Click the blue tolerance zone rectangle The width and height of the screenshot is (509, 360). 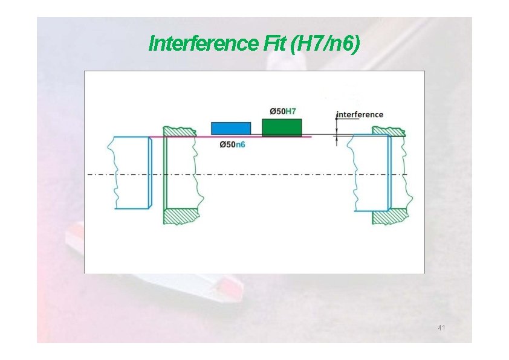click(230, 128)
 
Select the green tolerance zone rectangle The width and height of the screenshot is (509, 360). click(282, 127)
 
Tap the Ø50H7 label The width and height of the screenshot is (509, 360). click(282, 111)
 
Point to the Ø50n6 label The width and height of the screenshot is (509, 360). click(232, 144)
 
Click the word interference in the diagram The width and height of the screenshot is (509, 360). click(360, 114)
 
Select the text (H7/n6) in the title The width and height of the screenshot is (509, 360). click(325, 43)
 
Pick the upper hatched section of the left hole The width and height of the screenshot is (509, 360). click(180, 131)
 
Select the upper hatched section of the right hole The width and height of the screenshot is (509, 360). click(388, 130)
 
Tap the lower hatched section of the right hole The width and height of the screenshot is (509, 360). click(389, 216)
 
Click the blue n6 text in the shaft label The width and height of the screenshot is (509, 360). click(240, 144)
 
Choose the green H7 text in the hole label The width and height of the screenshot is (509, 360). click(291, 111)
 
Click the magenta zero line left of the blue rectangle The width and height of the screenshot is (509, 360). click(181, 137)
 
